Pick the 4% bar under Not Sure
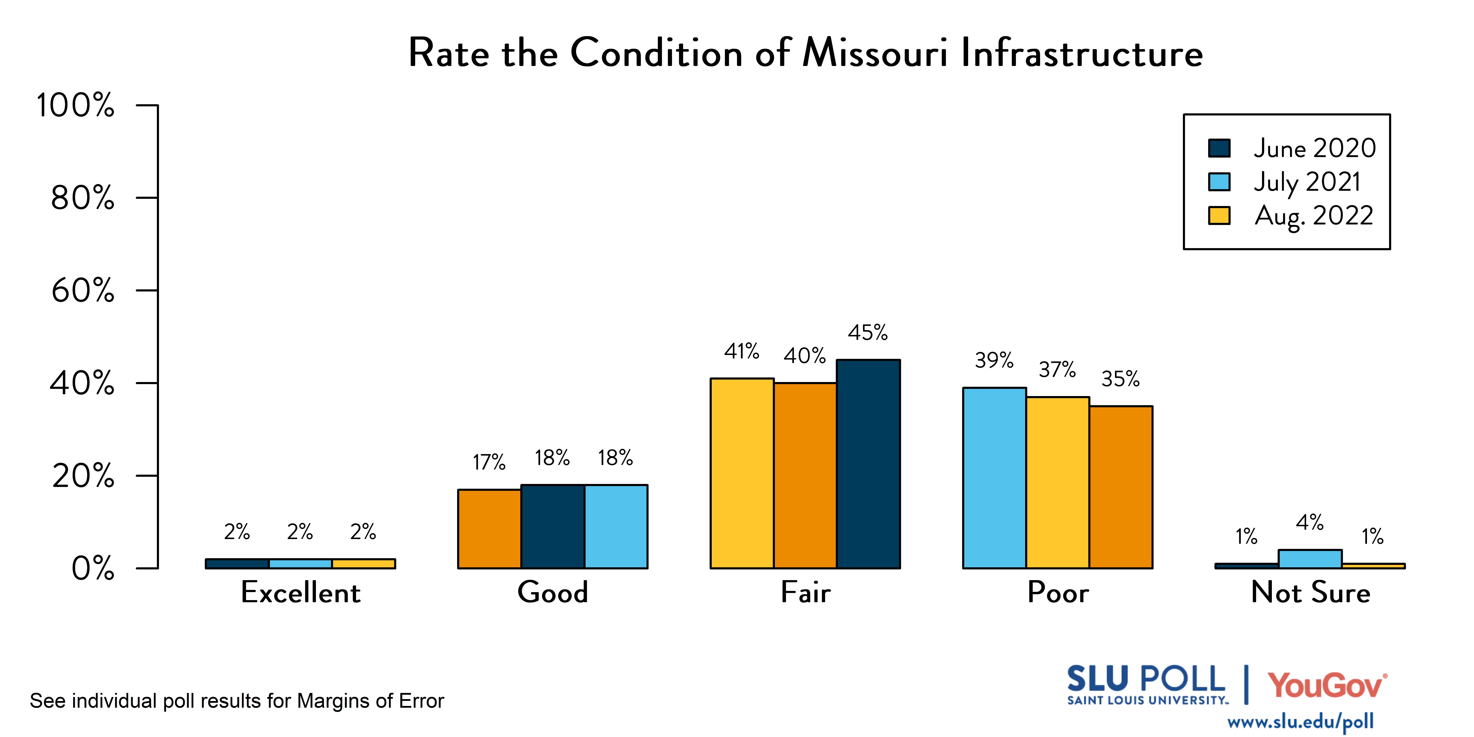1310,559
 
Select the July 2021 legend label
1307,182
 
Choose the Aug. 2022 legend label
1314,216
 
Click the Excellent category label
300,592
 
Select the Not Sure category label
1310,592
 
